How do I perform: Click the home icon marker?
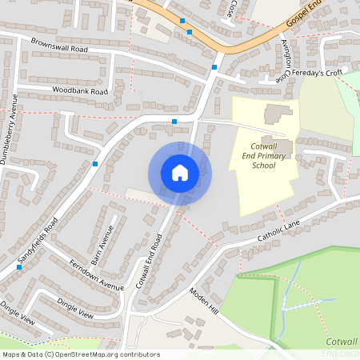[x=180, y=172]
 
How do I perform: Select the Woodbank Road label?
[x=78, y=91]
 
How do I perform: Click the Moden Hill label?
[x=204, y=298]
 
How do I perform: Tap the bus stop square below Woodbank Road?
[x=174, y=122]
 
